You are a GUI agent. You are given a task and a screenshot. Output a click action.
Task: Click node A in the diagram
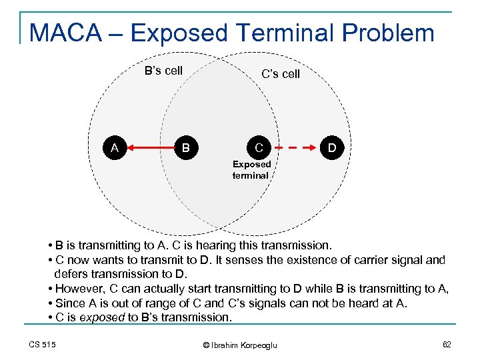[x=115, y=147]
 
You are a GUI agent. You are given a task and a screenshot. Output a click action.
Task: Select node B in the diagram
[x=187, y=147]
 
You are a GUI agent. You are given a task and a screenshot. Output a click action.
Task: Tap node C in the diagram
[x=259, y=147]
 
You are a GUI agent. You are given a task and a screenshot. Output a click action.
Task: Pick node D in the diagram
[x=331, y=147]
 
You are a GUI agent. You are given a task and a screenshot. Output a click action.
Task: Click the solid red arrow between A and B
[x=151, y=147]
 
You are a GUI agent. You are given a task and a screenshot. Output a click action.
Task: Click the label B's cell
[x=163, y=71]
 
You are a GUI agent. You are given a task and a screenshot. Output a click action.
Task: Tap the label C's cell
[x=281, y=74]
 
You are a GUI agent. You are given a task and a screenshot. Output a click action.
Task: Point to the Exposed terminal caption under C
[x=251, y=170]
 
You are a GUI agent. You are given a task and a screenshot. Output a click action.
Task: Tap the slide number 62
[x=446, y=344]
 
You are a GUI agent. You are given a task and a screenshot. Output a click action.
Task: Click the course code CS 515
[x=42, y=344]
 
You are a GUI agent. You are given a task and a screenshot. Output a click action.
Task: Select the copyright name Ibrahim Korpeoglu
[x=243, y=345]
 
